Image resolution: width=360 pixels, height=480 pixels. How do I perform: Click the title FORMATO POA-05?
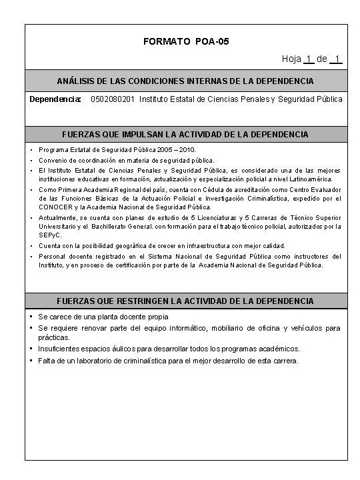186,41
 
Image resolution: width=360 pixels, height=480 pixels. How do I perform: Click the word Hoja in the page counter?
291,59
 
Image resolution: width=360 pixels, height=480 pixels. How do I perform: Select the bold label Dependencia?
55,99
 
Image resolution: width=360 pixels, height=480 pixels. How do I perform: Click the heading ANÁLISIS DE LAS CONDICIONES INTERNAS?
185,80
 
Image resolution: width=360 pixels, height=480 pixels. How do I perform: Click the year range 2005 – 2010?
179,151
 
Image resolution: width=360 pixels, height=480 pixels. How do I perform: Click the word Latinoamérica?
319,179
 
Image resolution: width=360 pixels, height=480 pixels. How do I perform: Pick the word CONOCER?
54,207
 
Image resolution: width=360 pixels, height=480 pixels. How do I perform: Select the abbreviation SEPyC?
49,236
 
